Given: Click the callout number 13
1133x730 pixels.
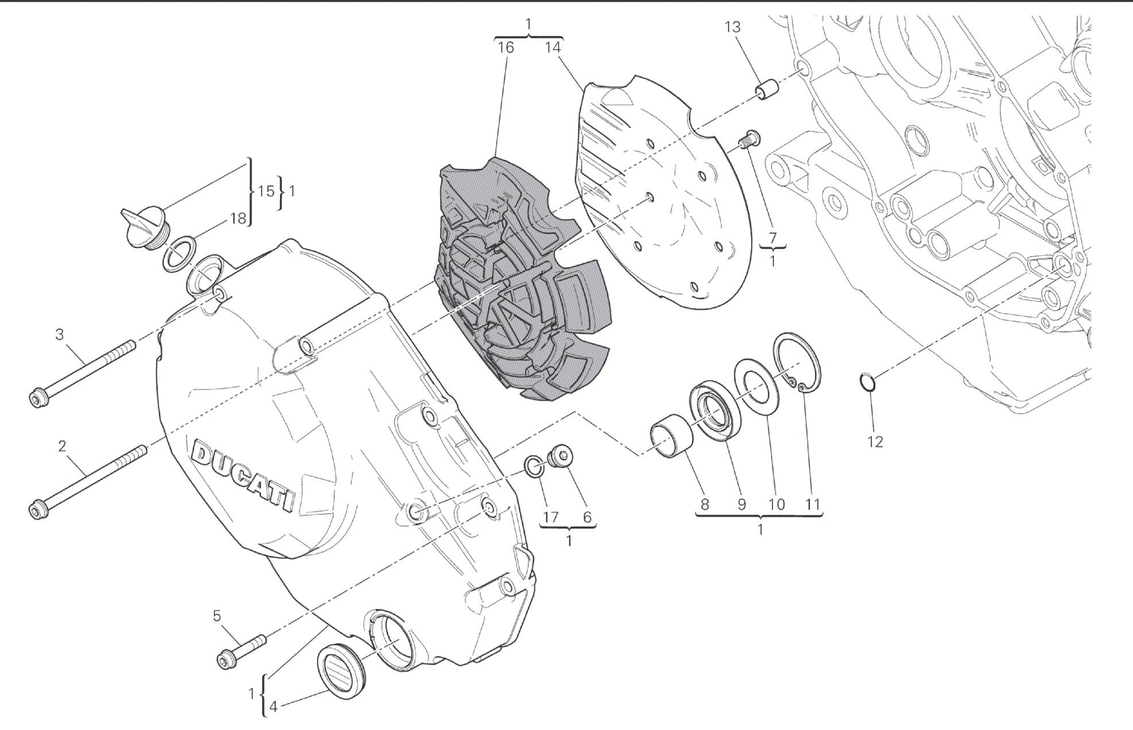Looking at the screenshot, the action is [x=732, y=27].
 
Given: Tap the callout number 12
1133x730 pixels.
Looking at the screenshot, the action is [x=875, y=442].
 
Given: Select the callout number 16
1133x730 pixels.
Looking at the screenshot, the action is [x=506, y=48].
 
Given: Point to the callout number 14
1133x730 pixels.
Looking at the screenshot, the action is [x=552, y=48].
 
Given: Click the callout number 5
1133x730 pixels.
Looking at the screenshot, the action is [x=216, y=616].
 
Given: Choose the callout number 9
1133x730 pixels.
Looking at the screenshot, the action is [x=742, y=505].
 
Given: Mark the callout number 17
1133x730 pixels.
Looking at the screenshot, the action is [x=550, y=517].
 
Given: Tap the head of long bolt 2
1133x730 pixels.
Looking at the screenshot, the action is [x=38, y=509].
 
